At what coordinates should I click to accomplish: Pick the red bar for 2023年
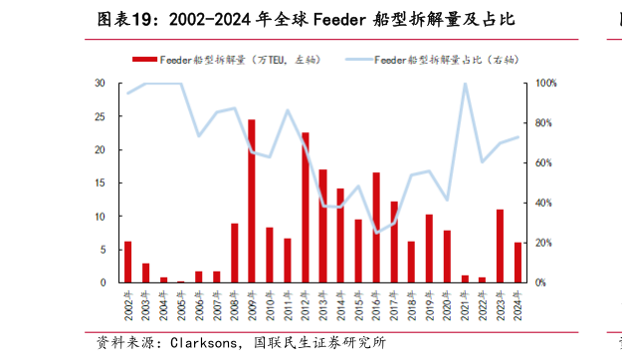(501, 246)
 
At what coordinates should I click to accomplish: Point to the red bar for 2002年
(127, 262)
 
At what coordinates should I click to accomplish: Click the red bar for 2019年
(429, 248)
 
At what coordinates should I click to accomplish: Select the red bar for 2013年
(322, 226)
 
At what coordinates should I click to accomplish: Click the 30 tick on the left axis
(101, 83)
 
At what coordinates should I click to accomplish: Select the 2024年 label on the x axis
(518, 305)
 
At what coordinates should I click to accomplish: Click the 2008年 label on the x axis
(235, 305)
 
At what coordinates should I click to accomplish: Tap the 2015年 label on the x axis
(359, 305)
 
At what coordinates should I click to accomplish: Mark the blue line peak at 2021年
(465, 84)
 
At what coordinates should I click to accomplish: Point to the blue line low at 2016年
(377, 233)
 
